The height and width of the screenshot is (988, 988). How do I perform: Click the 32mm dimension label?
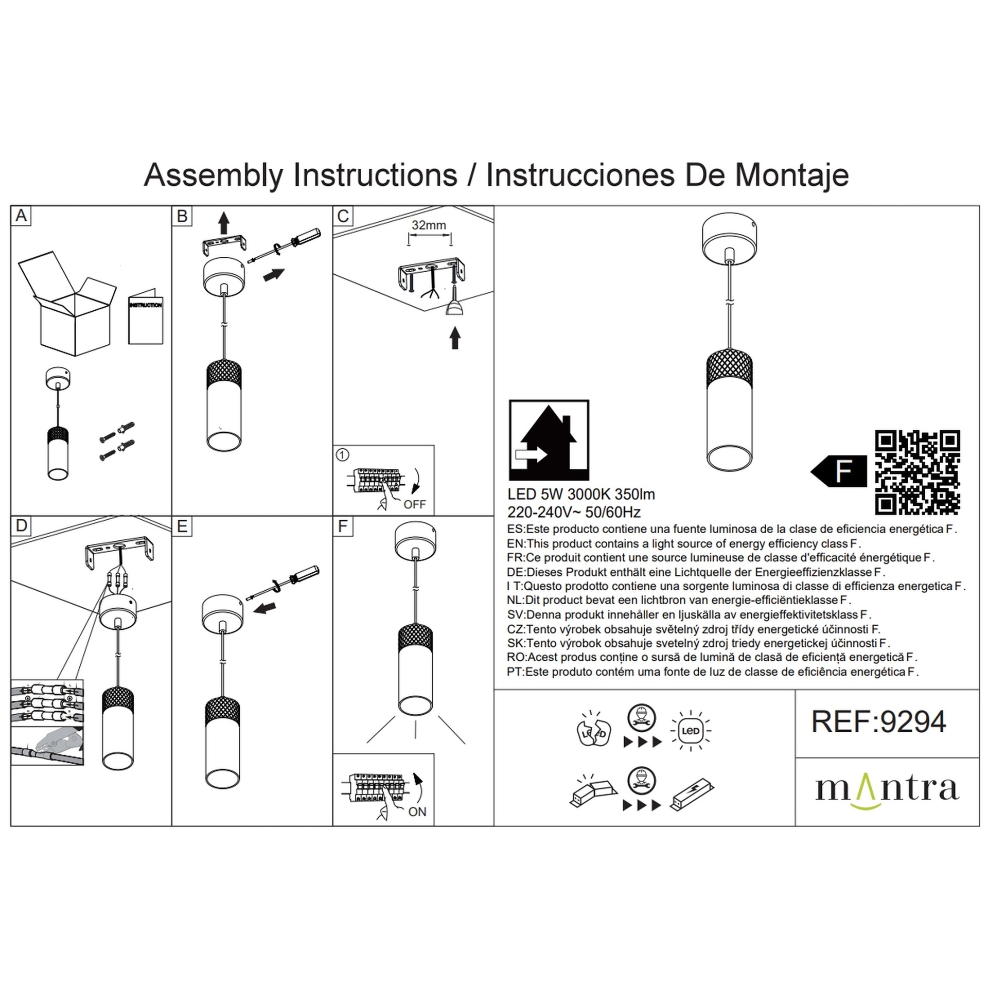429,225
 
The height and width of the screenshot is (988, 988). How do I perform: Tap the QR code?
918,472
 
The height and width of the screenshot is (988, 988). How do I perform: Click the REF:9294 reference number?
878,722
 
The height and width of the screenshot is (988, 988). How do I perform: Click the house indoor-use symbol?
549,440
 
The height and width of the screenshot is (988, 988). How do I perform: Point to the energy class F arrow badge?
839,471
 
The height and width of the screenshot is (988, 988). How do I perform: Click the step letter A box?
21,216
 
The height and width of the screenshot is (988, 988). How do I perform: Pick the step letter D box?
21,525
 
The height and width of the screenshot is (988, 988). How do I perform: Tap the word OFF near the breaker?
415,504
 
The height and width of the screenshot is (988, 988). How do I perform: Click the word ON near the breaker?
417,812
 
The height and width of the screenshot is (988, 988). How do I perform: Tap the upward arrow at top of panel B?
223,223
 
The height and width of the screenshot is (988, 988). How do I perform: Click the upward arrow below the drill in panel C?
455,338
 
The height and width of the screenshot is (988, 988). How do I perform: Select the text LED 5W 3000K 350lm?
581,495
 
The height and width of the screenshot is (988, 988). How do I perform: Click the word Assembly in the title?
213,176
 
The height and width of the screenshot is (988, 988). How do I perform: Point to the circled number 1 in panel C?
342,455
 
